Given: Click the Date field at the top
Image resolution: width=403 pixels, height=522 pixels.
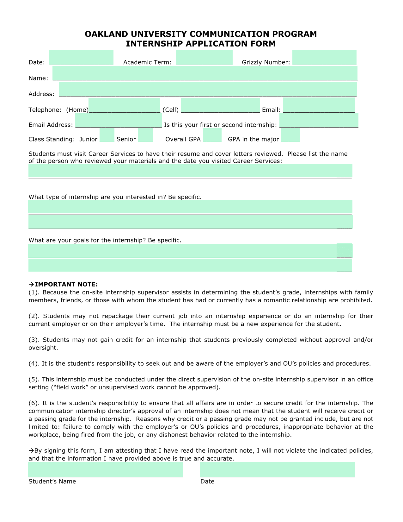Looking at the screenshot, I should point(81,58).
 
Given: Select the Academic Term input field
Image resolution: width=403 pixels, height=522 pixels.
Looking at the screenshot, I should point(204,58).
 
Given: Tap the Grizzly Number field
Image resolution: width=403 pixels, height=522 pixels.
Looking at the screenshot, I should point(324,58).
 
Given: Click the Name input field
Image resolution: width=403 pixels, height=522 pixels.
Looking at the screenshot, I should point(205,73).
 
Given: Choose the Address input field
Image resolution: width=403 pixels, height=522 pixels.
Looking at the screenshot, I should point(208,89).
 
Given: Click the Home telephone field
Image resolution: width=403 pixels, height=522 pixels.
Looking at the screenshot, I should point(124,105).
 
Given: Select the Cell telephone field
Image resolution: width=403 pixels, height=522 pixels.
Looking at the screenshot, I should point(220,105).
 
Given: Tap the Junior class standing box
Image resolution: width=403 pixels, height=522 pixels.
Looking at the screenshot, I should point(107,135).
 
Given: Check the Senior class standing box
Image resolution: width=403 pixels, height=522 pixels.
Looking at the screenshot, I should point(145,135).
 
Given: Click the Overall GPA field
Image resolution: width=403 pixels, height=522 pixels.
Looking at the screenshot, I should point(212,135).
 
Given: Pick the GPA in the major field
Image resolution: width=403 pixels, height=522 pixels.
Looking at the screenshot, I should point(290,135).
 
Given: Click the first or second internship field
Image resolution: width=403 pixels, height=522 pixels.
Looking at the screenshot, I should point(319,120).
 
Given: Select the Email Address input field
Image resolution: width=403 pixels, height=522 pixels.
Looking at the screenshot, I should point(119,121).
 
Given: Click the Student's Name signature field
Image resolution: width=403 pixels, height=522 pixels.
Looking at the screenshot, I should point(106,469).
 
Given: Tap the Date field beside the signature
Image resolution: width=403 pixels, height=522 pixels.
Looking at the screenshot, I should point(277,469).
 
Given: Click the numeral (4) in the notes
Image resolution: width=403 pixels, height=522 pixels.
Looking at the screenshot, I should point(34,363).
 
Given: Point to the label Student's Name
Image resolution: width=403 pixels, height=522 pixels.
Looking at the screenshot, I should point(52,481).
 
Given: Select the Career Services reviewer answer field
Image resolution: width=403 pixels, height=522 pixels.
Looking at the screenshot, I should point(190,171).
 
